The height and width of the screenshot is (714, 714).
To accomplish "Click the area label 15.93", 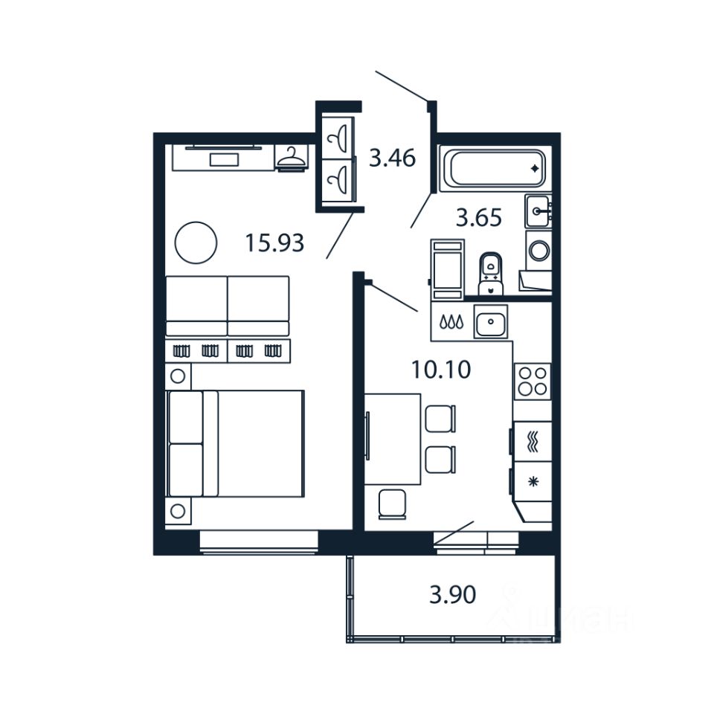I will pyautogui.click(x=274, y=242).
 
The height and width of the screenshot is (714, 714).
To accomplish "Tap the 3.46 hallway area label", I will pyautogui.click(x=392, y=158).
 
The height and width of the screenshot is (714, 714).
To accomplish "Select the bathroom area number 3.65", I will pyautogui.click(x=479, y=218).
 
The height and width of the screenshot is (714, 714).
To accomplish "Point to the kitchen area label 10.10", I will pyautogui.click(x=441, y=369).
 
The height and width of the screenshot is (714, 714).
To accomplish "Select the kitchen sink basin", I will pyautogui.click(x=489, y=321).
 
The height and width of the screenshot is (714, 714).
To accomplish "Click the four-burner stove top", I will pyautogui.click(x=533, y=381).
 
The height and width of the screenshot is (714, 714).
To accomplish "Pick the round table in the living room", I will pyautogui.click(x=196, y=242).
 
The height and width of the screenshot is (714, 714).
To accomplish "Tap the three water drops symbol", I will pyautogui.click(x=451, y=322).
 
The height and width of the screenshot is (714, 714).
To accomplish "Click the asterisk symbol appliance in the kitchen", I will pyautogui.click(x=533, y=482).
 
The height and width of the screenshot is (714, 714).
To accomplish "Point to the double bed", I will pyautogui.click(x=237, y=443).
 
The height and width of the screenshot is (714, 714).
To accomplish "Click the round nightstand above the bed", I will pyautogui.click(x=178, y=376).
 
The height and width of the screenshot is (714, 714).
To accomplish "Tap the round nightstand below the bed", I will pyautogui.click(x=178, y=511).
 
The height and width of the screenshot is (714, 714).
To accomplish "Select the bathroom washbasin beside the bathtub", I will pyautogui.click(x=538, y=211).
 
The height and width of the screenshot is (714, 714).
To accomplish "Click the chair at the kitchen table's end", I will pyautogui.click(x=391, y=504).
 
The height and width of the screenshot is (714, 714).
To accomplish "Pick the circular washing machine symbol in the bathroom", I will pyautogui.click(x=538, y=248).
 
